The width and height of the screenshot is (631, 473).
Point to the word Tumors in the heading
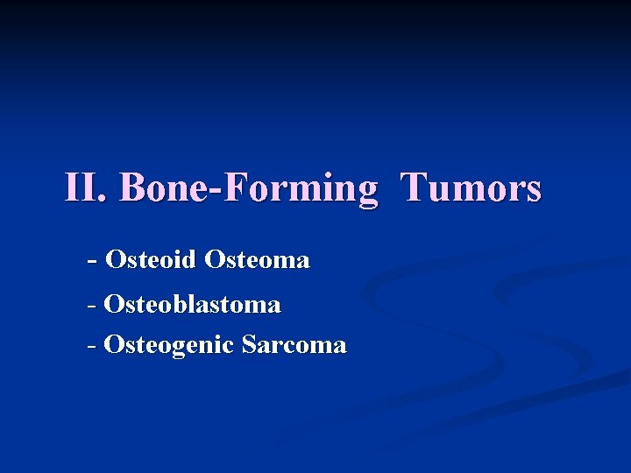[x=471, y=187]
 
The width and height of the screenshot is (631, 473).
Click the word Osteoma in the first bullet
[x=257, y=260]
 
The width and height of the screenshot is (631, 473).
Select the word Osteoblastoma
[x=192, y=305]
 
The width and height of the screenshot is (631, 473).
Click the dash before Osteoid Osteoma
[x=93, y=261]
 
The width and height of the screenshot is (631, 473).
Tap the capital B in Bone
[x=132, y=187]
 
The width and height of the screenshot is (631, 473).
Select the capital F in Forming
[x=235, y=187]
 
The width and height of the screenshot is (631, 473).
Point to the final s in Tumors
[x=533, y=192]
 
